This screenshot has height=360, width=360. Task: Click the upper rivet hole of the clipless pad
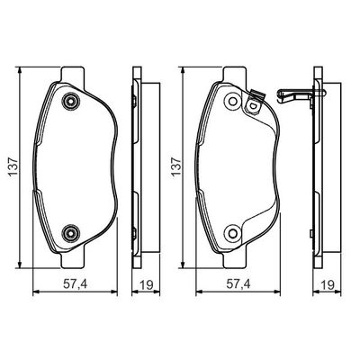coord(68,106)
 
